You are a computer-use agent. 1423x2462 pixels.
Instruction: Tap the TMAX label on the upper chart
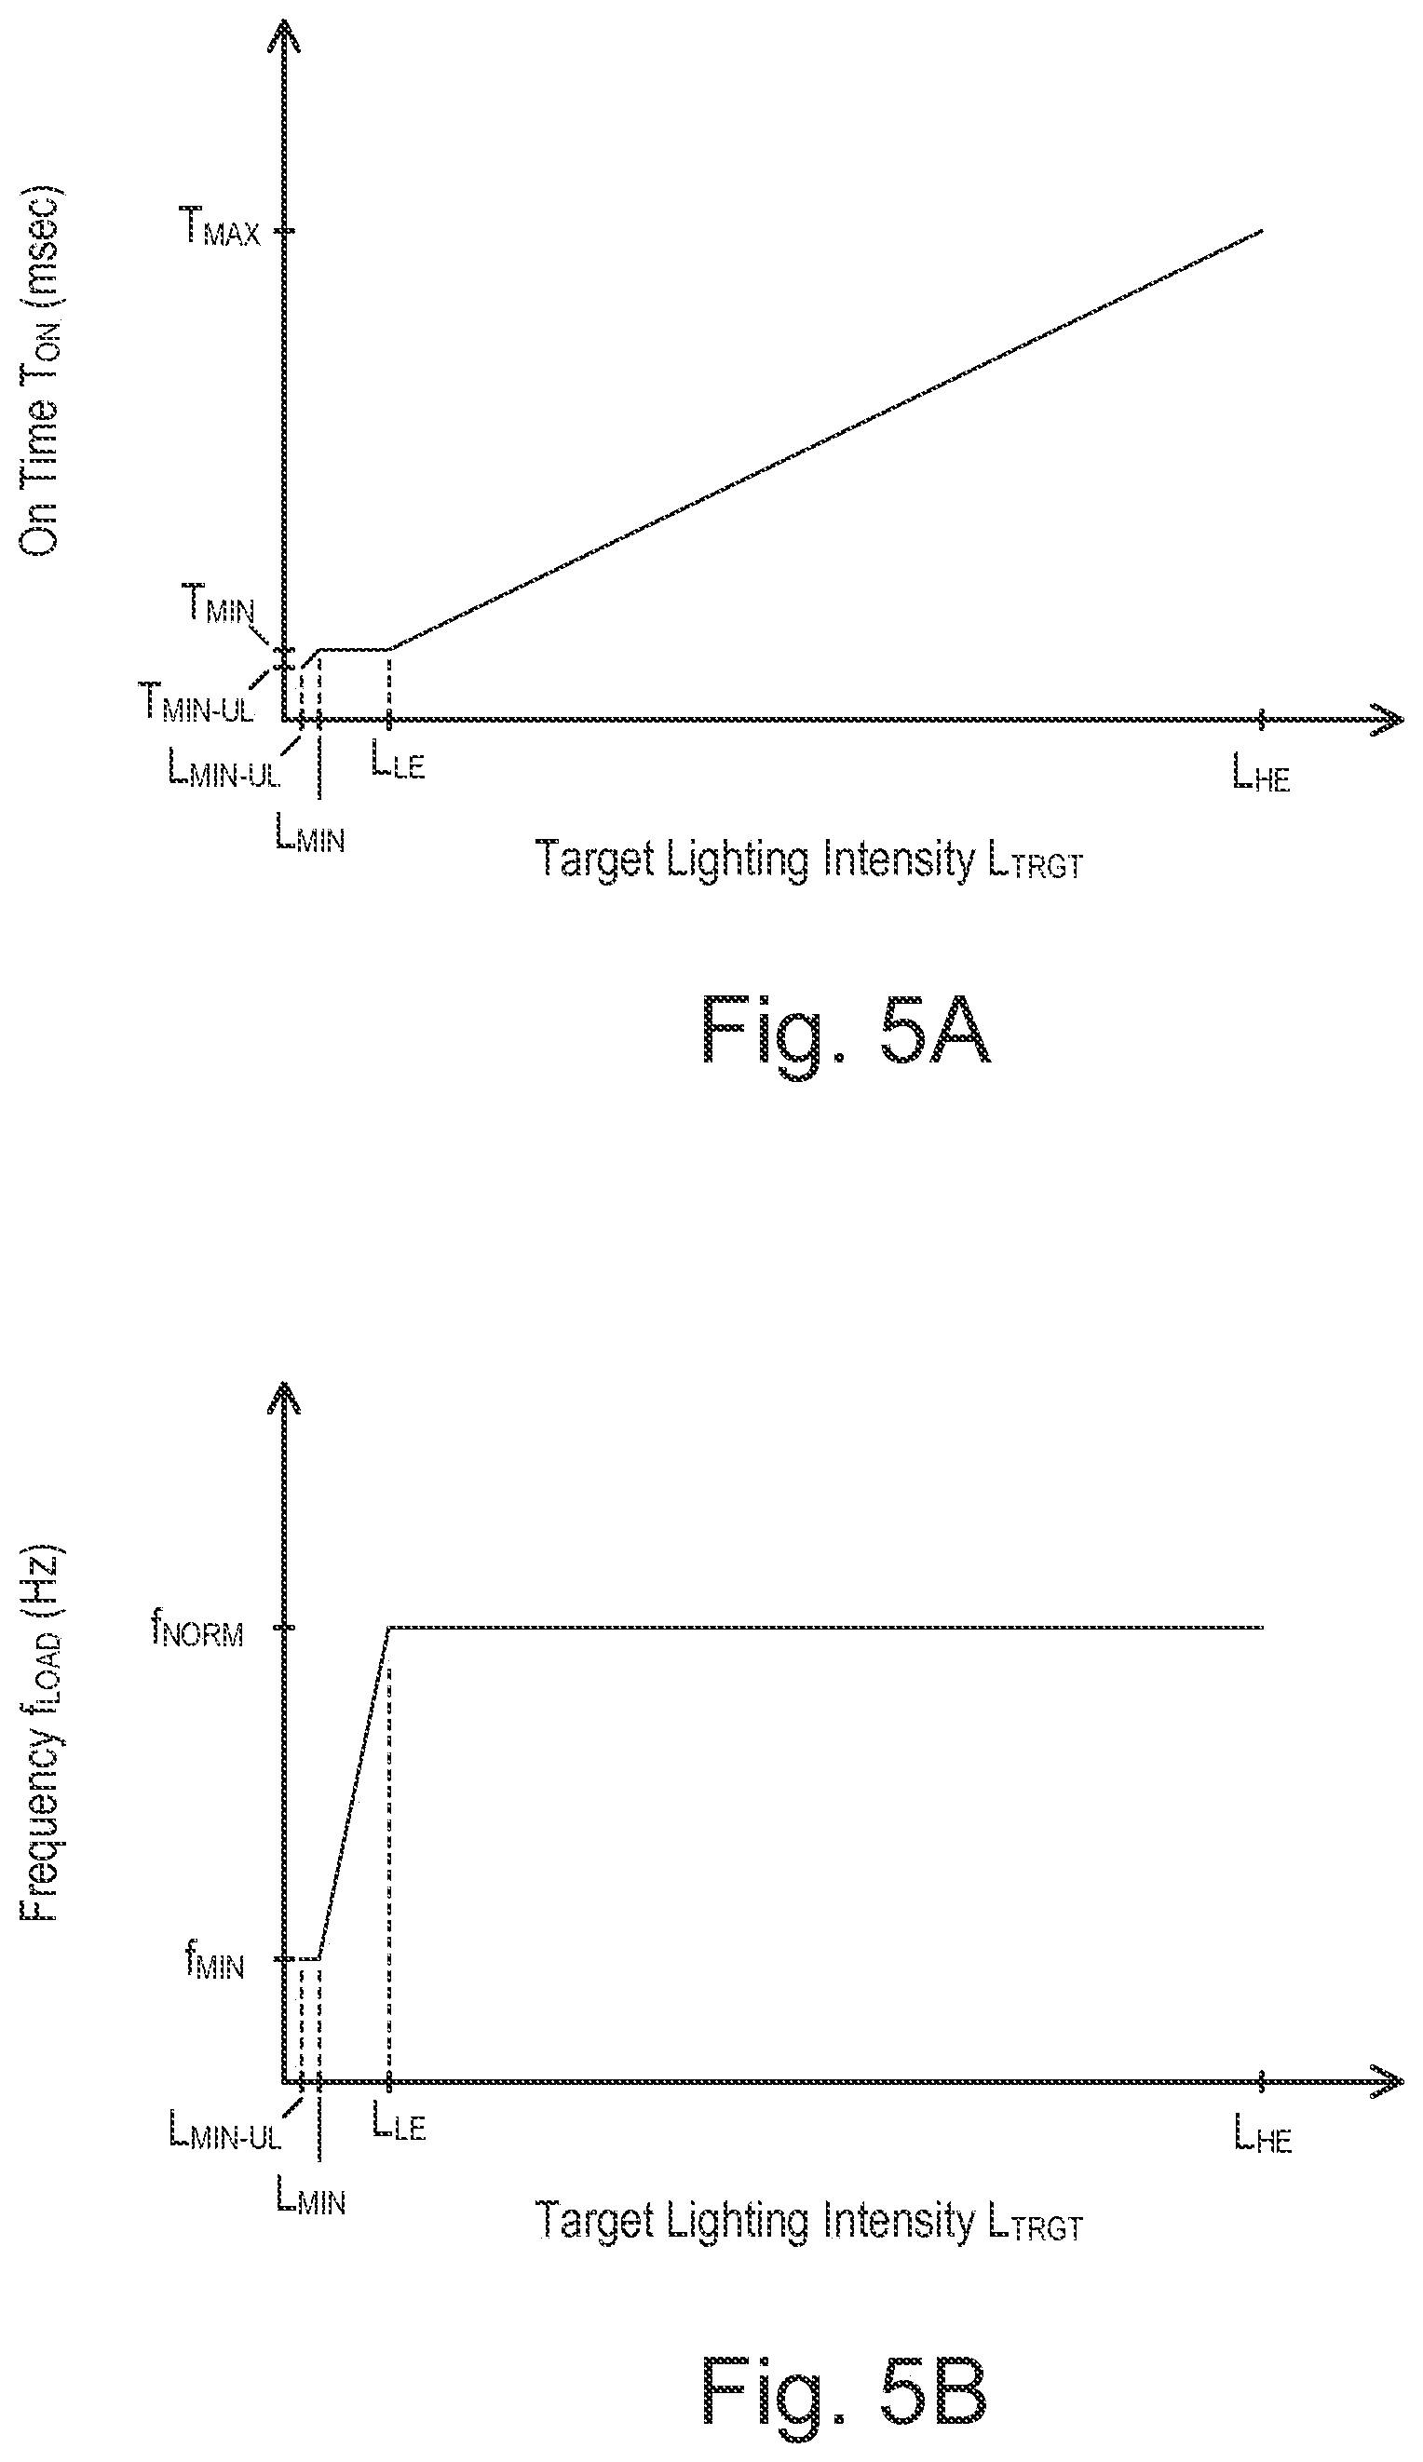pyautogui.click(x=221, y=231)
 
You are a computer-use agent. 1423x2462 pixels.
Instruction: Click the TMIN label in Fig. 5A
pyautogui.click(x=221, y=609)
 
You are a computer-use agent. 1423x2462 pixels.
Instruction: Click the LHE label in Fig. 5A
pyautogui.click(x=1261, y=776)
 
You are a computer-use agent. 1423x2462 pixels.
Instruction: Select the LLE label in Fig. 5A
pyautogui.click(x=398, y=763)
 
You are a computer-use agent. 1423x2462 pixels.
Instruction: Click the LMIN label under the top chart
pyautogui.click(x=311, y=836)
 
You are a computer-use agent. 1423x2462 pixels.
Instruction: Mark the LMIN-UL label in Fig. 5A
pyautogui.click(x=224, y=773)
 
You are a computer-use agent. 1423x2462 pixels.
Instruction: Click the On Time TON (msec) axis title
pyautogui.click(x=41, y=371)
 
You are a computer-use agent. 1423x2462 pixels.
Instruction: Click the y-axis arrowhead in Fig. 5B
pyautogui.click(x=283, y=1398)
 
